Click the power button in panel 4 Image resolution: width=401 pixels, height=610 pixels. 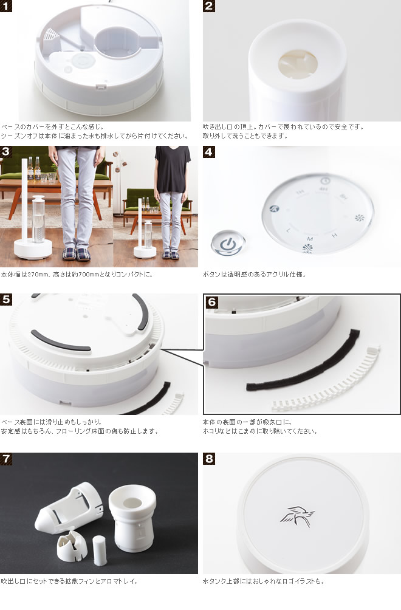227,244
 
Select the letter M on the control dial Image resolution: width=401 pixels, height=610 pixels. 310,239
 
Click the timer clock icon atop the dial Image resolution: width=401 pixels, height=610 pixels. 325,180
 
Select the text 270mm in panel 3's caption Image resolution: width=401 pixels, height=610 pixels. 32,275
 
